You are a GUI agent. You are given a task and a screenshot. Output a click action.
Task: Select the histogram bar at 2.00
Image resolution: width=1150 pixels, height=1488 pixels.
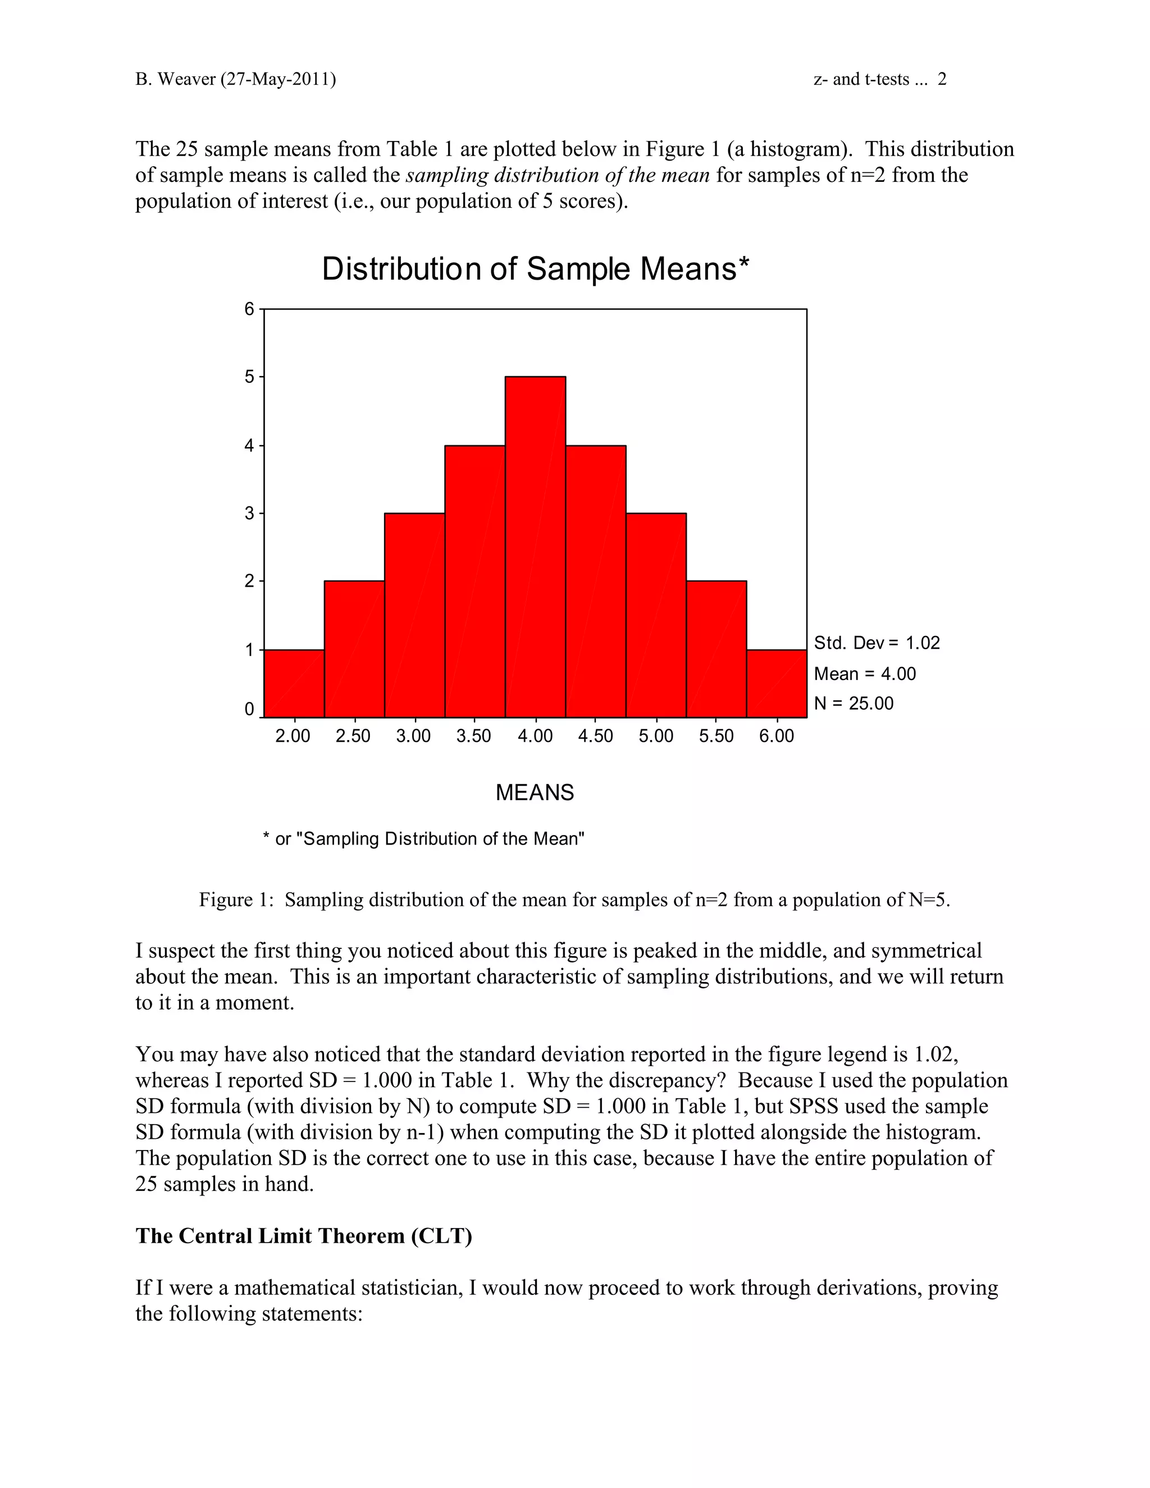(294, 683)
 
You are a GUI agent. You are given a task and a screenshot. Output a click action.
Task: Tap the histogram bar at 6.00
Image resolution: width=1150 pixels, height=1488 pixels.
(777, 683)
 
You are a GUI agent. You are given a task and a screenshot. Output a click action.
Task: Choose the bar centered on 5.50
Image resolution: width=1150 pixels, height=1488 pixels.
(716, 649)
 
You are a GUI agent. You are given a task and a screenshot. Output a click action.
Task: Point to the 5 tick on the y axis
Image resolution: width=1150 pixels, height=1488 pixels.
(249, 377)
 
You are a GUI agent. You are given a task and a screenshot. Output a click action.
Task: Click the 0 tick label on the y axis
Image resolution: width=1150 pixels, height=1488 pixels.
(249, 709)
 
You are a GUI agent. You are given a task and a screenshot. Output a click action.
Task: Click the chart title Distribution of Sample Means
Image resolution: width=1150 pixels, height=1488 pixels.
(535, 268)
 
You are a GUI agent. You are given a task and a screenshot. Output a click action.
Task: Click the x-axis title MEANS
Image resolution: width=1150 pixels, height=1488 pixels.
(535, 792)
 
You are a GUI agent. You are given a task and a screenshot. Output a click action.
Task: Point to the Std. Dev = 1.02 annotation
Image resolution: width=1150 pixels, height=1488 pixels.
(876, 643)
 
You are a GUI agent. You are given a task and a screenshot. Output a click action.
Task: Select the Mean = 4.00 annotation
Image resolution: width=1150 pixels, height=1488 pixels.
(865, 674)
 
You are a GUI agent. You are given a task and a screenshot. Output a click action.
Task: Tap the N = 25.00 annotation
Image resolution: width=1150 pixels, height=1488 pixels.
(854, 704)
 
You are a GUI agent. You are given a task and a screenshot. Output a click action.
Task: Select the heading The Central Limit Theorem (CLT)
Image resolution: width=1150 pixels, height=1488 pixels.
(304, 1236)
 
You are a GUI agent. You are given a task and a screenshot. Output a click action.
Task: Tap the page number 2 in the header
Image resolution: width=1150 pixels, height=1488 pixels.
(942, 80)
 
